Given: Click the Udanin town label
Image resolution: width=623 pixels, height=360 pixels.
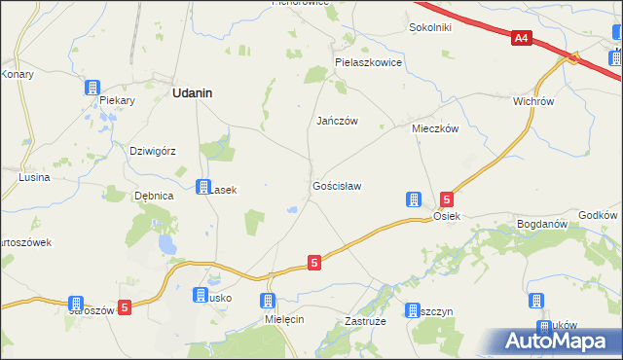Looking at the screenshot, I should pos(193,93).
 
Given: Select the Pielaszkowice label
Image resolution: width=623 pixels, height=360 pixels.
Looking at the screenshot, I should pos(368,61).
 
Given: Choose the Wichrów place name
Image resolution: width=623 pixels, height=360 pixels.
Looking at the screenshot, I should pos(532,100).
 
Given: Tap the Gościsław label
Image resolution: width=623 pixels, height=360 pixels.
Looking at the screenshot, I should pos(337,185).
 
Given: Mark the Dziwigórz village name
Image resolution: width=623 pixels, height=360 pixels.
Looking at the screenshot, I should pos(152,151).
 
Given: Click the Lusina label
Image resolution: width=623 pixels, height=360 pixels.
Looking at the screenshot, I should pos(34,178).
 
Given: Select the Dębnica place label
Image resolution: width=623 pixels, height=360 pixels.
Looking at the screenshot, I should pos(154,196).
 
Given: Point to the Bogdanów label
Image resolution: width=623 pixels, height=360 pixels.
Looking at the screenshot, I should pos(542,224).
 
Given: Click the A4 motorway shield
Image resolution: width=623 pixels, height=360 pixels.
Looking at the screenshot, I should pos(522,38).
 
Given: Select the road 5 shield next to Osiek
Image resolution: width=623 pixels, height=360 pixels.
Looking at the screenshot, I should pos(446,198).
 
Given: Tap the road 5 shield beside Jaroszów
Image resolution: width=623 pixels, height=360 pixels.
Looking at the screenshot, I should pos(124,306).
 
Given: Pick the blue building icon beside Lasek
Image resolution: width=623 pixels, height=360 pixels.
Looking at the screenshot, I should pos(203,187).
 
